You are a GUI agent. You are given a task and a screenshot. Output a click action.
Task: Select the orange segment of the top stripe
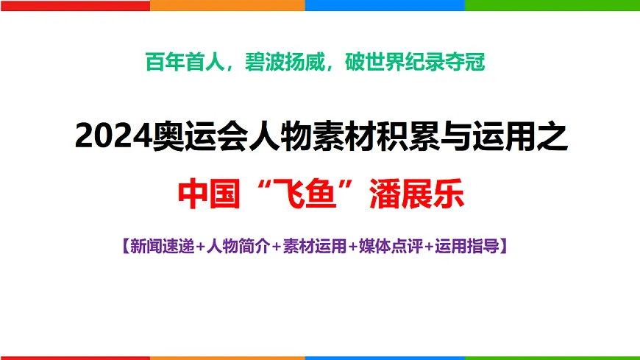227,5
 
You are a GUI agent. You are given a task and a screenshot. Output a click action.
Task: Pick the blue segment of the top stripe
385,5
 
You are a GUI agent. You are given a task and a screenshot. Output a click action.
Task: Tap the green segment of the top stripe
552,5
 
